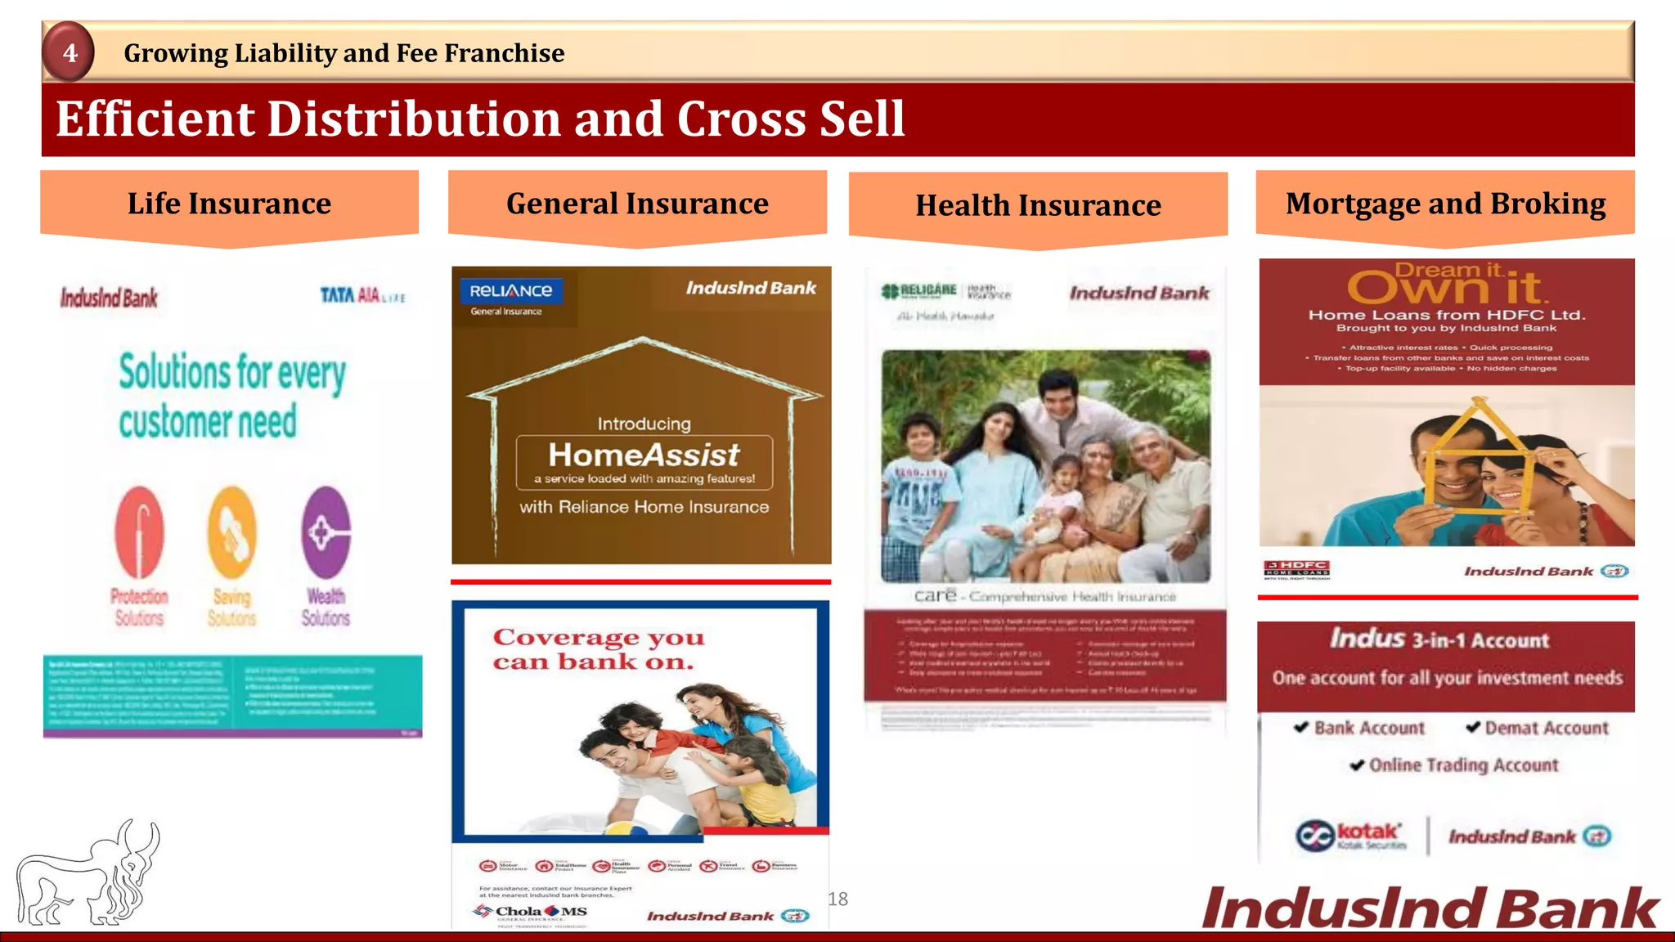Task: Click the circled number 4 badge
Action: [x=69, y=52]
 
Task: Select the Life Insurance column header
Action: [x=229, y=204]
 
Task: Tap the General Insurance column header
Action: [x=637, y=204]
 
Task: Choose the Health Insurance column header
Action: [x=1038, y=205]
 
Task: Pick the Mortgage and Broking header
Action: [x=1445, y=204]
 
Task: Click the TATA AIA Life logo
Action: [x=362, y=295]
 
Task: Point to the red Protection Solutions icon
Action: [x=139, y=532]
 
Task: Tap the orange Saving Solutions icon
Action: [x=232, y=532]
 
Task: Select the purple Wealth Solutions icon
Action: [x=326, y=532]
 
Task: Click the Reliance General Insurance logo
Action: [x=510, y=296]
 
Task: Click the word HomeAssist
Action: [x=644, y=455]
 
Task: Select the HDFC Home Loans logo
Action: [x=1296, y=568]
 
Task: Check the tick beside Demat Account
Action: [x=1473, y=727]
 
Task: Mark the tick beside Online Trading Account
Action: [x=1357, y=765]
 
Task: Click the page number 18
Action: [x=837, y=899]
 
